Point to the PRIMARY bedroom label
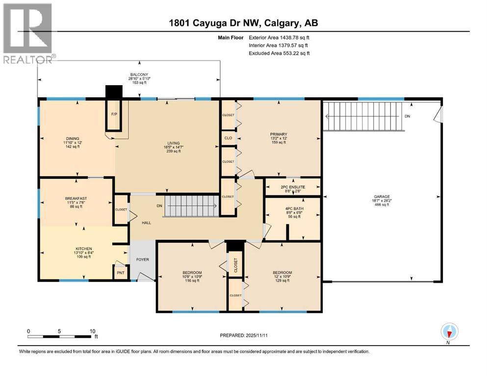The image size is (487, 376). tap(278, 134)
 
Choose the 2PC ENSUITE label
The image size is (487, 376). tap(293, 187)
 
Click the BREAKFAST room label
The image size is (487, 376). tap(76, 198)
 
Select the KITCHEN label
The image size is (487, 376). tap(76, 249)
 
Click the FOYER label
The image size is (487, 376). tap(142, 259)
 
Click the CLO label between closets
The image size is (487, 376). tap(228, 138)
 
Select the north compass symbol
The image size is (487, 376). tap(450, 332)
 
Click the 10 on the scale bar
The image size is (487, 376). tap(92, 331)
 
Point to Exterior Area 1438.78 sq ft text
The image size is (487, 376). tap(280, 37)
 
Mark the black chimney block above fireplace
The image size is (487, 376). tap(114, 92)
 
